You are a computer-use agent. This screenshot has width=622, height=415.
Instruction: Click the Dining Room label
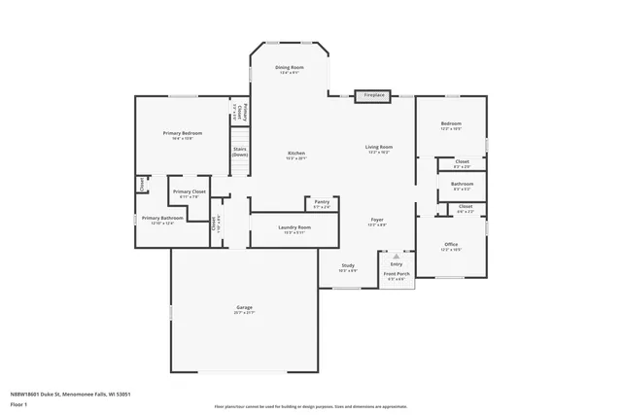290,68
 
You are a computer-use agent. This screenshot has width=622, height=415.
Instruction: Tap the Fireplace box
374,95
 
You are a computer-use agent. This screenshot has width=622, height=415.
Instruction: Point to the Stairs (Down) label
239,153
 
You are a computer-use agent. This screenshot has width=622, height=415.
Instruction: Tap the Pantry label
322,204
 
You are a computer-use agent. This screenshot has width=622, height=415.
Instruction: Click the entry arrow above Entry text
396,257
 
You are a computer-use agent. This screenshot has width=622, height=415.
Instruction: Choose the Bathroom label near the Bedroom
463,185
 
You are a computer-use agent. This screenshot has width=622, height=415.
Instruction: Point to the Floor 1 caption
18,403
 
